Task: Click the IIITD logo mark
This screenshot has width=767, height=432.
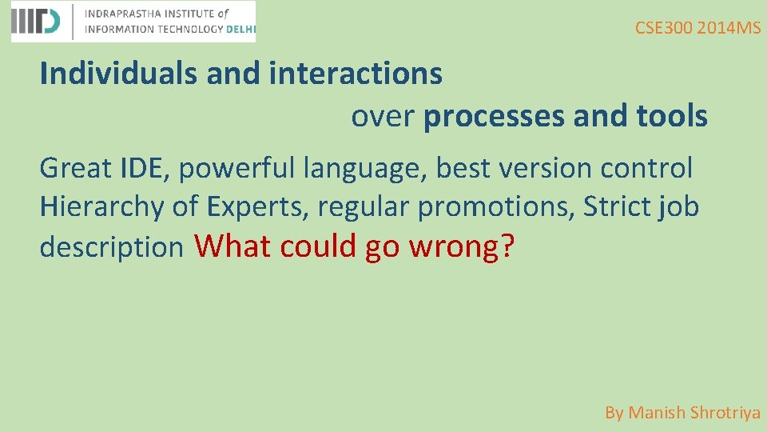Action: [35, 22]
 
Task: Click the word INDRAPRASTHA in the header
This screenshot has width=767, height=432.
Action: [124, 14]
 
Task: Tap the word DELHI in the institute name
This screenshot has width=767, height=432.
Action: [240, 29]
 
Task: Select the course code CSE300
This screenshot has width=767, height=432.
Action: [663, 28]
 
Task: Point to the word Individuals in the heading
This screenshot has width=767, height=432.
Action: [119, 74]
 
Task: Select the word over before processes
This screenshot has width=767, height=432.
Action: [383, 117]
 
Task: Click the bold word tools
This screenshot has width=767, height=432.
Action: [671, 117]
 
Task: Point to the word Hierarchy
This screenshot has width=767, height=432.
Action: [102, 207]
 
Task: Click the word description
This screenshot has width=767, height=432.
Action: [112, 247]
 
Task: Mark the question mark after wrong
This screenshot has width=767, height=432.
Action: [507, 246]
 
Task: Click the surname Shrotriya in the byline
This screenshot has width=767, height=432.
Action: [725, 413]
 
